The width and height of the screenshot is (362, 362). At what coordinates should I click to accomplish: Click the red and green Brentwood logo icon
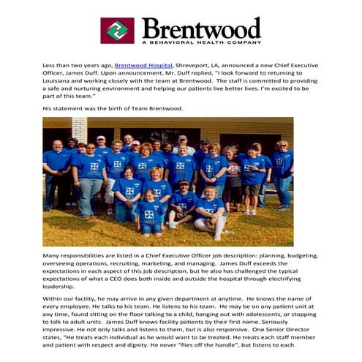(x=117, y=31)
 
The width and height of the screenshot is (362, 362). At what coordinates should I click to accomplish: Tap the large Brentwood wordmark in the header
(x=201, y=29)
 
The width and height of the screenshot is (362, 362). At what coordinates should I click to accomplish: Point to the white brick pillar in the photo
(x=80, y=131)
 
